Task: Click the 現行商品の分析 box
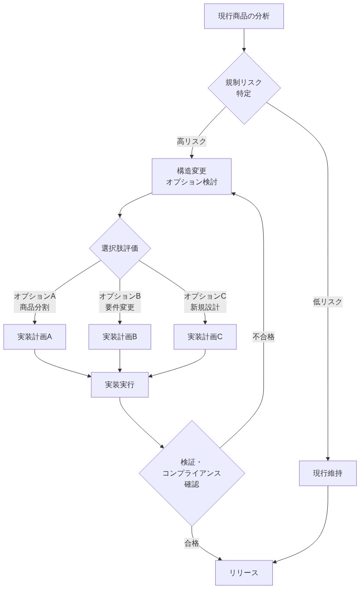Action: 244,16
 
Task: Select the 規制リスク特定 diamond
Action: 244,88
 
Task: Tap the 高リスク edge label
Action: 191,141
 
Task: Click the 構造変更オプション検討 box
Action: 191,177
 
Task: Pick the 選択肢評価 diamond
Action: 120,248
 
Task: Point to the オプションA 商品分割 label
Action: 35,301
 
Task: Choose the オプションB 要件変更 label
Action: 120,301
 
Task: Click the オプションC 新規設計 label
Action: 205,301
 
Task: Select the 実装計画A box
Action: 35,337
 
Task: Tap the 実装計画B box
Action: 120,337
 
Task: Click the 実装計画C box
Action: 205,337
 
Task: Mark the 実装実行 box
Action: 120,385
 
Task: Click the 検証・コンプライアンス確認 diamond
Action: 192,473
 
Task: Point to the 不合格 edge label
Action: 264,337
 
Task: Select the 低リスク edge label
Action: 328,302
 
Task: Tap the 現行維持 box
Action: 328,473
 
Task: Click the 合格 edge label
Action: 192,543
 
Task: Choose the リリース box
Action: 244,573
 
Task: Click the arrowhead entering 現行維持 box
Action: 328,458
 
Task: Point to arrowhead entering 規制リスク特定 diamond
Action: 244,49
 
